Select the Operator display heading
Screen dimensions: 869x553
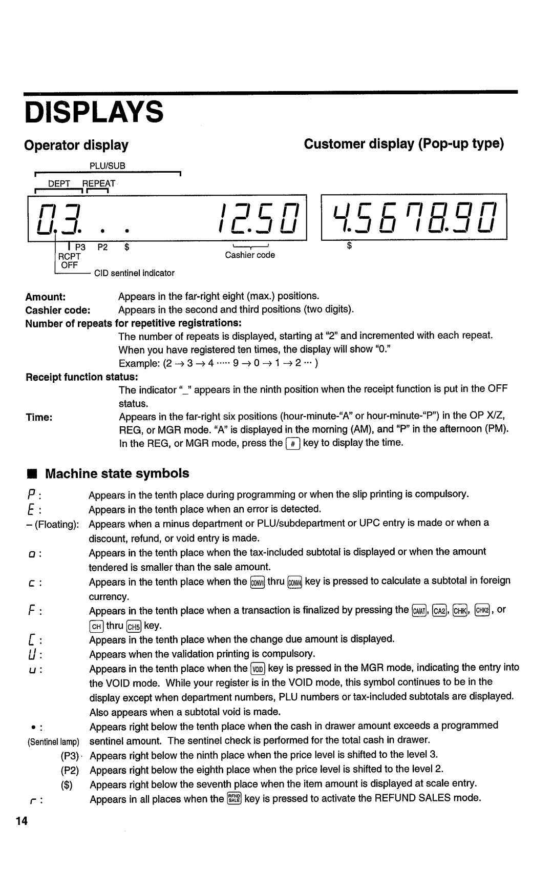[x=77, y=145]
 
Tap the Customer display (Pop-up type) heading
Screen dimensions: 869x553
[x=404, y=144]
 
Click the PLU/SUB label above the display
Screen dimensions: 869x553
[x=108, y=166]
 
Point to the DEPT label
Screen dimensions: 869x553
[x=59, y=183]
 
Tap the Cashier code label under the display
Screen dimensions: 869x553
[x=250, y=255]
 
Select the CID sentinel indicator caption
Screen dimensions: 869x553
[x=134, y=273]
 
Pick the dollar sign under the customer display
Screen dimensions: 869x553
[x=350, y=246]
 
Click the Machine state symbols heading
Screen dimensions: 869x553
[x=117, y=473]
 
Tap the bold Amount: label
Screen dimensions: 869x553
[x=46, y=297]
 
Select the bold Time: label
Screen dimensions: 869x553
[x=39, y=417]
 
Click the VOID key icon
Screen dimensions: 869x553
[x=258, y=669]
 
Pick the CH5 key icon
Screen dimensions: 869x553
[x=134, y=626]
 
